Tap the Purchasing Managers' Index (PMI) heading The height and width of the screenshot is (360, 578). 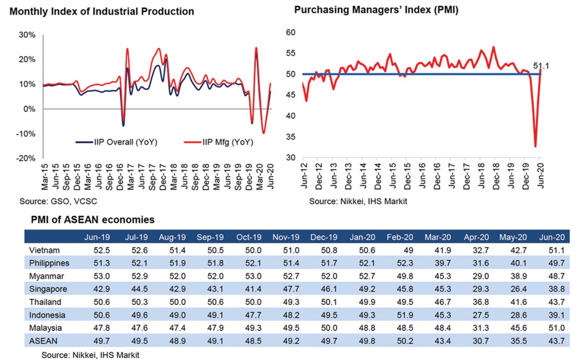(375, 10)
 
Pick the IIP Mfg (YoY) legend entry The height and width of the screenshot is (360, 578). (219, 142)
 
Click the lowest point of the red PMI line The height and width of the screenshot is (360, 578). (535, 147)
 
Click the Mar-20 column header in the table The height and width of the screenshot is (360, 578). (435, 237)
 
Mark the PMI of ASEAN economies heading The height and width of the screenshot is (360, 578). (92, 220)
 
